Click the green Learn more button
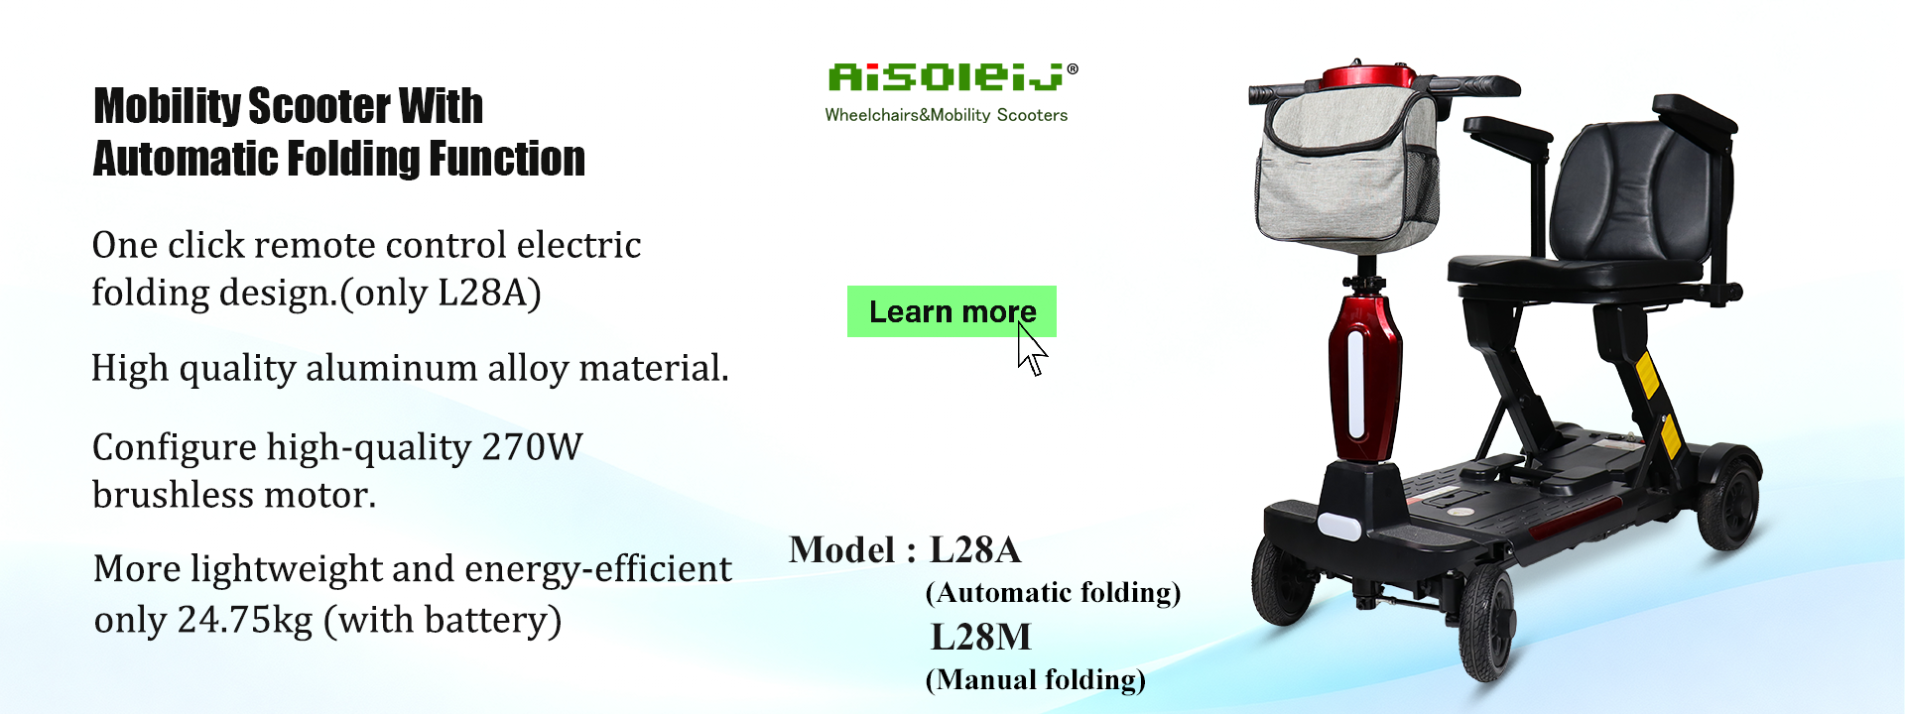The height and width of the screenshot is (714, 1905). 952,311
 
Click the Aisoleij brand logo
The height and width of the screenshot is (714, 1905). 952,76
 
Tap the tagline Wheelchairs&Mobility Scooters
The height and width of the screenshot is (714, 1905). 947,115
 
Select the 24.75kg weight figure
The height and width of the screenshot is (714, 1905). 245,620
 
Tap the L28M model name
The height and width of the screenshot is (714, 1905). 980,637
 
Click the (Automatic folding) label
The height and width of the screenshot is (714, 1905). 1053,593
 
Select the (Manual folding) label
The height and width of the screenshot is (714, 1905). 1035,680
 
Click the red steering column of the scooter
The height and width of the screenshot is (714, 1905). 1365,378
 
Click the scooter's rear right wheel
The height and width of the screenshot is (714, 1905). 1728,497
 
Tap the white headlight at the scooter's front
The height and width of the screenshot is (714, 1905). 1338,525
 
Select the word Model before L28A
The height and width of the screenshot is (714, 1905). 841,550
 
